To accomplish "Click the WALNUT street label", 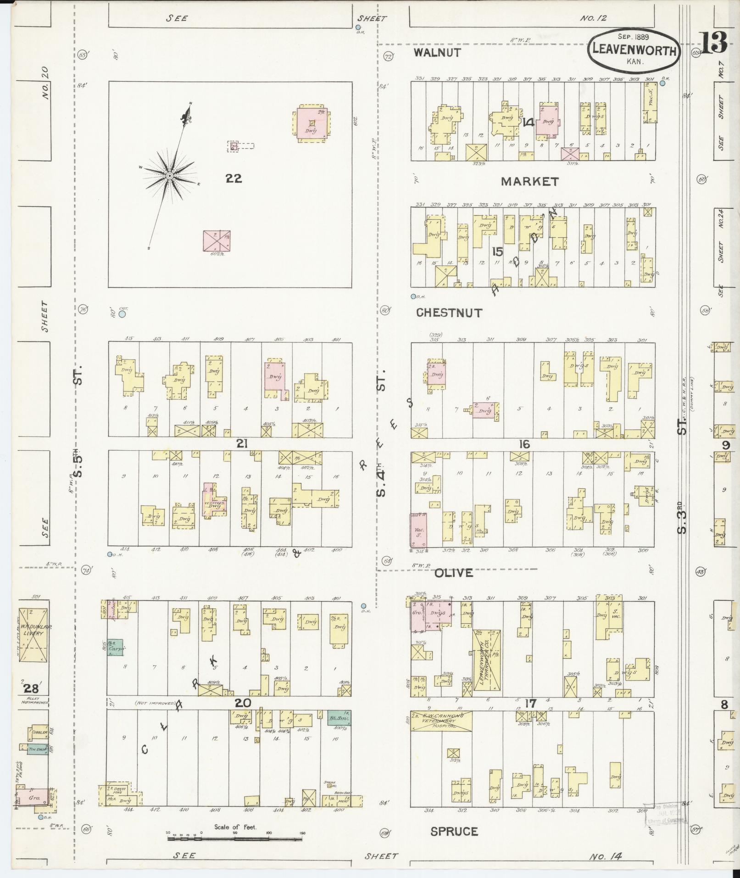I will point(437,53).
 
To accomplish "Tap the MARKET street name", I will point(529,182).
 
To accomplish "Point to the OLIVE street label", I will point(453,573).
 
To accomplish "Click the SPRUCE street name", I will point(454,831).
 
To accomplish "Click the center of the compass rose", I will point(169,176).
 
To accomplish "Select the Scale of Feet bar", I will point(235,838).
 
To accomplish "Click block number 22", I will point(234,179).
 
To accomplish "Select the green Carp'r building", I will point(115,647).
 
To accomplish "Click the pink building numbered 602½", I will point(217,240).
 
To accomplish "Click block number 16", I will point(524,444).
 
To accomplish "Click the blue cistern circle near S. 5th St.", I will point(122,315).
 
